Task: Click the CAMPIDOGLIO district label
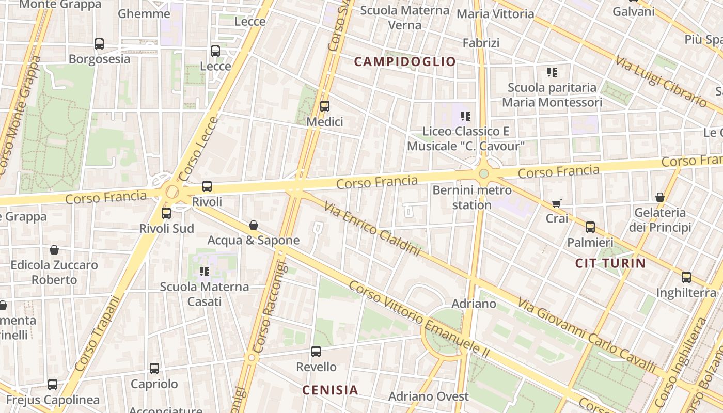(405, 62)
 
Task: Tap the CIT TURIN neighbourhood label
(610, 263)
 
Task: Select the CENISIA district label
(330, 390)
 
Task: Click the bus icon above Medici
(325, 106)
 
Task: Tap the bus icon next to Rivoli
(207, 186)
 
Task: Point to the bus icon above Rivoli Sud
(166, 213)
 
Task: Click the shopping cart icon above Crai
(556, 203)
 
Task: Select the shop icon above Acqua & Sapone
(253, 225)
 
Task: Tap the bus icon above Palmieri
(590, 227)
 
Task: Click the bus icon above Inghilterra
(686, 277)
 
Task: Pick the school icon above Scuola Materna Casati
(205, 271)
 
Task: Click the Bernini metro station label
(472, 197)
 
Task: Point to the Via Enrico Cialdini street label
(372, 229)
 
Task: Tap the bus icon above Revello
(316, 352)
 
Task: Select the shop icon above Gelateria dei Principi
(659, 197)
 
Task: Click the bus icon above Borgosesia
(99, 44)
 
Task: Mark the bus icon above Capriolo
(154, 369)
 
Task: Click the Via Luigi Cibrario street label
(661, 81)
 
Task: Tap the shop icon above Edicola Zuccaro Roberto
(54, 250)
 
